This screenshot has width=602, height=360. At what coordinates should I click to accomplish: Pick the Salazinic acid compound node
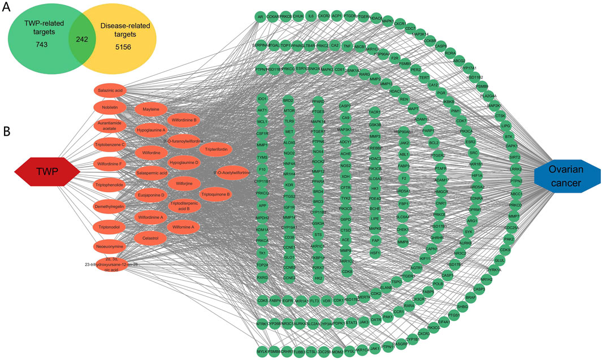pos(110,90)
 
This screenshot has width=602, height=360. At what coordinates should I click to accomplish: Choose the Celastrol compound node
pos(150,238)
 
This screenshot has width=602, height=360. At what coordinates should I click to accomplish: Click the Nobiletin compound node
pos(110,108)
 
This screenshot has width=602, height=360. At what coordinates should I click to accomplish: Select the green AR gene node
pos(261,17)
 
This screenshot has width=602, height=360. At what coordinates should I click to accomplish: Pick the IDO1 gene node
pos(262,99)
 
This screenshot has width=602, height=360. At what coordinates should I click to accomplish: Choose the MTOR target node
pos(289,111)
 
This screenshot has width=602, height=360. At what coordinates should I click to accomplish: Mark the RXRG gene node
pos(262,277)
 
